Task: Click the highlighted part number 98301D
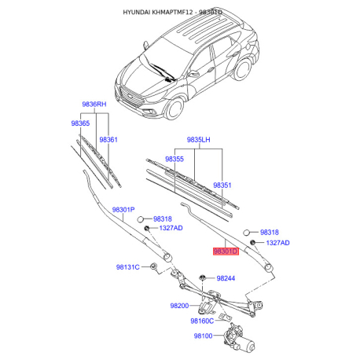(226, 252)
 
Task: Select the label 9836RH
(94, 105)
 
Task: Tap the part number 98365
(80, 123)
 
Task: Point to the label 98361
(108, 140)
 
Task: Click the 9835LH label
(198, 140)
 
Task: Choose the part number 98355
(174, 159)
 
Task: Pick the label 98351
(222, 186)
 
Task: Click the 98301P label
(123, 210)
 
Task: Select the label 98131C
(128, 267)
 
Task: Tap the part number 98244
(226, 278)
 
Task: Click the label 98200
(179, 306)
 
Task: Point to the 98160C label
(202, 321)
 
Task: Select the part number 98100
(203, 336)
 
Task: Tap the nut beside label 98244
(202, 277)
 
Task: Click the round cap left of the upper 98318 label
(141, 219)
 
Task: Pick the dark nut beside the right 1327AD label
(253, 242)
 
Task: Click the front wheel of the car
(174, 108)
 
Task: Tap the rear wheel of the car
(243, 69)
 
